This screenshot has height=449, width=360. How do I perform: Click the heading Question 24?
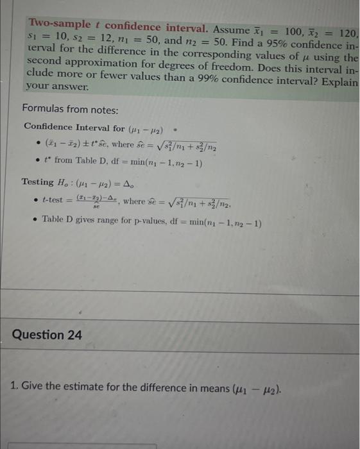pyautogui.click(x=47, y=335)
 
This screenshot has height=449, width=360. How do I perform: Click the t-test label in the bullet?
pyautogui.click(x=56, y=201)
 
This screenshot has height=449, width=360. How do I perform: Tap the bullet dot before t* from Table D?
pyautogui.click(x=39, y=160)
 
